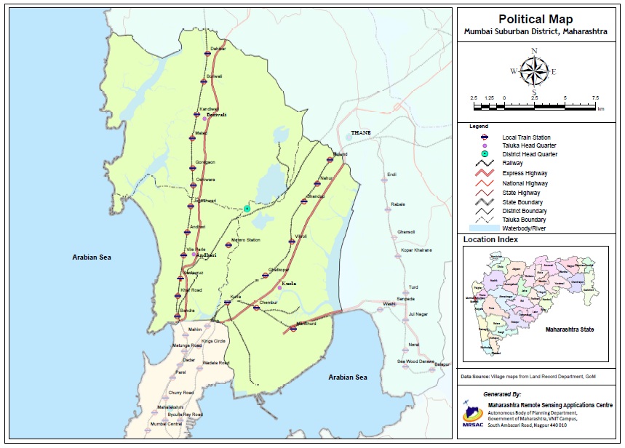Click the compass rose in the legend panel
tap(534, 71)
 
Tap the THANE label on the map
tap(361, 133)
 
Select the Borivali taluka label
tap(218, 116)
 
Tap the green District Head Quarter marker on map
tap(247, 209)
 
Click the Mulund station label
tap(340, 154)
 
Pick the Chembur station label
tap(269, 302)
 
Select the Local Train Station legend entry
tap(526, 137)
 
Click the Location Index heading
tap(491, 239)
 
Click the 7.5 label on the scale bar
tap(594, 97)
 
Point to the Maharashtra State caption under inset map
tap(569, 329)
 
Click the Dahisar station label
tap(218, 49)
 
